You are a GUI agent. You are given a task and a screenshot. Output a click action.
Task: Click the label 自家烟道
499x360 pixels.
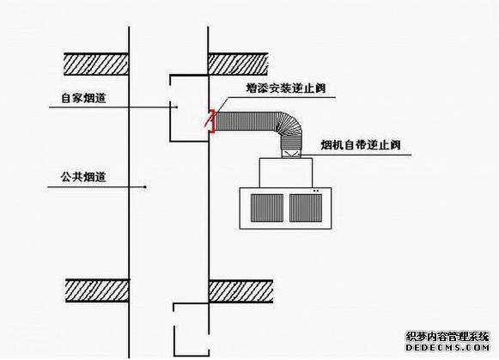click(83, 98)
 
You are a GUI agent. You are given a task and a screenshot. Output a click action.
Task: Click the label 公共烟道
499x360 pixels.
click(83, 177)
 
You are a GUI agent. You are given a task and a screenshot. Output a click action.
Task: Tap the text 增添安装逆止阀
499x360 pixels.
click(286, 88)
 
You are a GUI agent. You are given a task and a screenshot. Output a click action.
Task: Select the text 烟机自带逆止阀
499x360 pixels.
click(360, 145)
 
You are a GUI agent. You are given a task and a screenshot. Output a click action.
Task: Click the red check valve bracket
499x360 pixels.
click(213, 121)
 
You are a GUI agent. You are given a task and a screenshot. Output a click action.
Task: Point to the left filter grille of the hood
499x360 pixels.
click(267, 208)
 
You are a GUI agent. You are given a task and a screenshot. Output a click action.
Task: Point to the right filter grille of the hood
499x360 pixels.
click(306, 208)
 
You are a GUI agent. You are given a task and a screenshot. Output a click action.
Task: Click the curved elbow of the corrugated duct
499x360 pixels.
click(289, 125)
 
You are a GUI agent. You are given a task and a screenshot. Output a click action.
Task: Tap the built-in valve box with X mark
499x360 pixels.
click(291, 154)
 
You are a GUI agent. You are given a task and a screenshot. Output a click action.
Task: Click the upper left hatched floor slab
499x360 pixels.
click(96, 64)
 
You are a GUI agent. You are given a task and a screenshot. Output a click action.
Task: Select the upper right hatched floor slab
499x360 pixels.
click(238, 64)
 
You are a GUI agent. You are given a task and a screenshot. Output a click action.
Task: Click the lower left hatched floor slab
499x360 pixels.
click(97, 290)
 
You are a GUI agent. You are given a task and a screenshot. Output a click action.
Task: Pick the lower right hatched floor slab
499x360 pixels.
click(240, 291)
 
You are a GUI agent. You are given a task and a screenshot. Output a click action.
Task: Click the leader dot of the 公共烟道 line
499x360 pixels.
click(145, 186)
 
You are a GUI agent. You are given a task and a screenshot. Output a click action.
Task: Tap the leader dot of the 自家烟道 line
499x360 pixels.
click(177, 107)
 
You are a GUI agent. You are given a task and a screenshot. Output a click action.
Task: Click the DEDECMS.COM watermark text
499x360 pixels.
click(447, 347)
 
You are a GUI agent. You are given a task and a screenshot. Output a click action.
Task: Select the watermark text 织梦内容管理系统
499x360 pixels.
click(447, 337)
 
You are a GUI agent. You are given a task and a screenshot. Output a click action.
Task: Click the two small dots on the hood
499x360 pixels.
click(316, 191)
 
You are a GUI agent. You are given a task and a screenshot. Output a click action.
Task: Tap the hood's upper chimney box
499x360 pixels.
click(286, 173)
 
